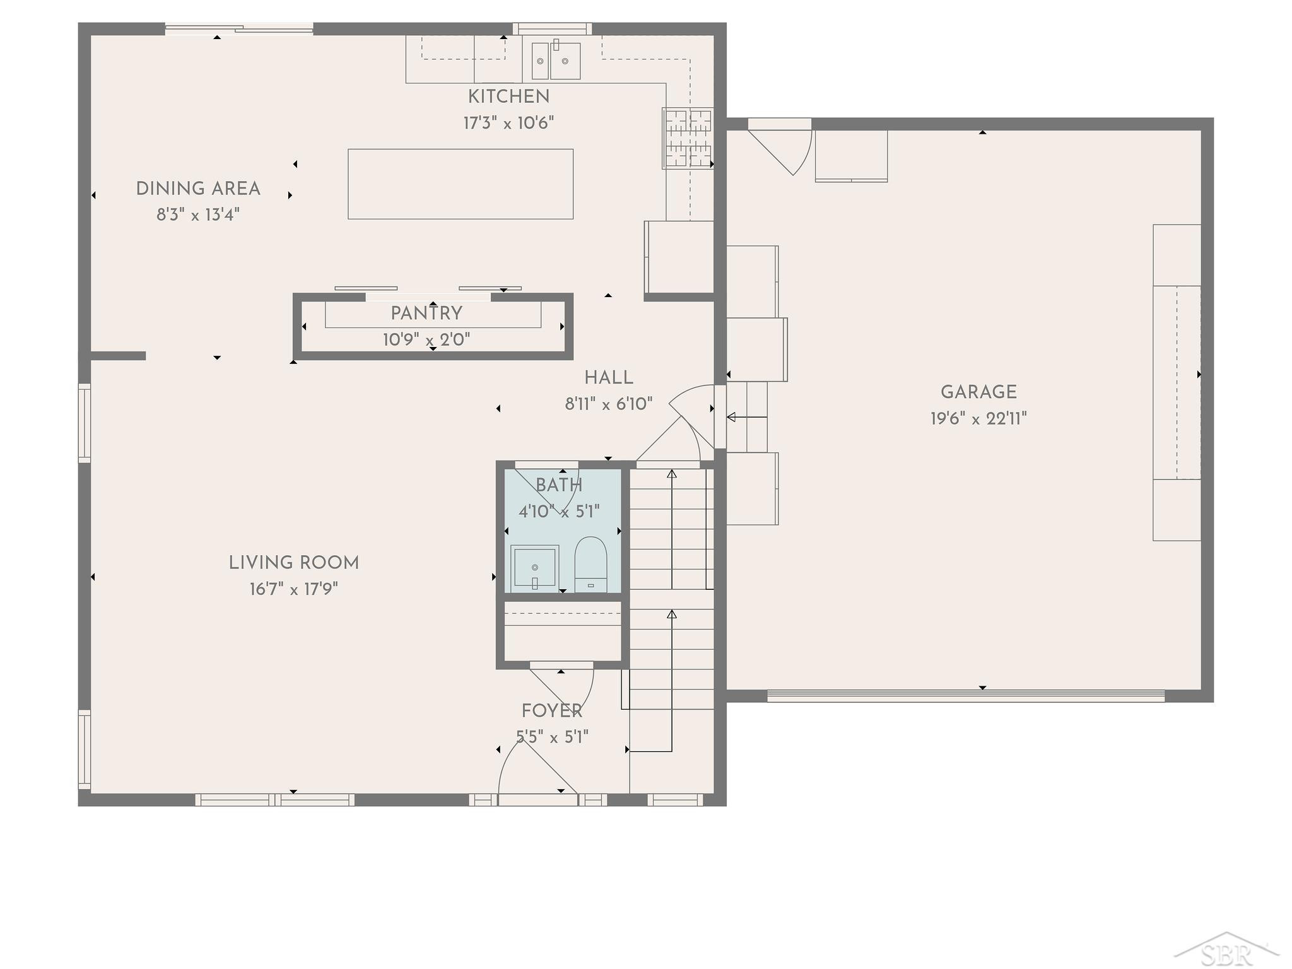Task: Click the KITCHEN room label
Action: (508, 97)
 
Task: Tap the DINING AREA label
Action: (198, 189)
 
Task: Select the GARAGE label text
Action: (978, 392)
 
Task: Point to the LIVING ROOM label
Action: (294, 563)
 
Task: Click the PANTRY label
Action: (426, 313)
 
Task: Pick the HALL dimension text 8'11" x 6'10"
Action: (609, 404)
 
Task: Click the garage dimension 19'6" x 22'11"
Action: (978, 418)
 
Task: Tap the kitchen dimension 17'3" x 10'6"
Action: (508, 122)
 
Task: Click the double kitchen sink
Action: (556, 61)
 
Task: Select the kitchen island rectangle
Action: (461, 184)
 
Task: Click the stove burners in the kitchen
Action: (688, 138)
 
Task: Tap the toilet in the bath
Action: (590, 565)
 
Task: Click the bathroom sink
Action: (534, 568)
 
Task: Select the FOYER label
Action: (552, 711)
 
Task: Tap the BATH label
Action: (559, 485)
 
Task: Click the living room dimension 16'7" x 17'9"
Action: (294, 589)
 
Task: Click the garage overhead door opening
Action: (966, 696)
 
